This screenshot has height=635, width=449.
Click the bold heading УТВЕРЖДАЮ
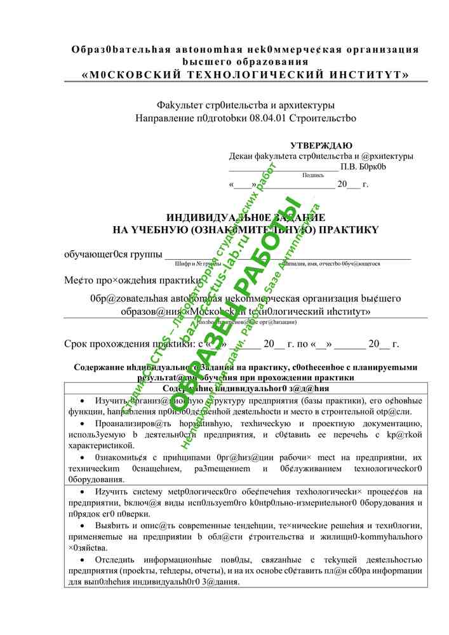[x=321, y=145]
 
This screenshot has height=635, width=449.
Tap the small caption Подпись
[x=313, y=175]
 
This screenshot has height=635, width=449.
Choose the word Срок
[x=77, y=345]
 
